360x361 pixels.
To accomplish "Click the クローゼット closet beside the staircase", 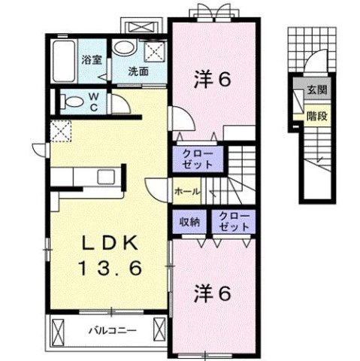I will [198, 158].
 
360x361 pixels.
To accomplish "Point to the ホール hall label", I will [186, 192].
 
